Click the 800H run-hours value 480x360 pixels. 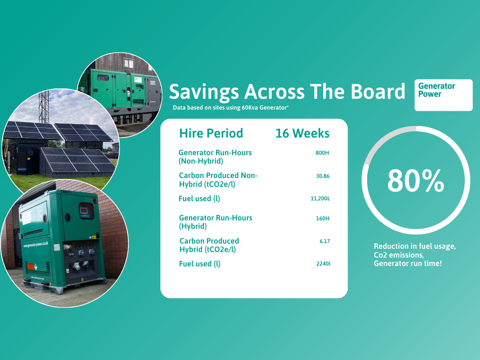[322, 153]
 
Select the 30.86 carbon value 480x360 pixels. [322, 176]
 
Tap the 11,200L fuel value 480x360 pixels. [320, 198]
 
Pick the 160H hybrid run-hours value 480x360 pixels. [322, 218]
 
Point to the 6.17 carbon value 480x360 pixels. [324, 241]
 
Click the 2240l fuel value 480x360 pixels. [324, 264]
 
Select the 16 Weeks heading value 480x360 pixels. [302, 133]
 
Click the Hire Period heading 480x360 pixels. [211, 133]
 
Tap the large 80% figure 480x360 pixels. [416, 181]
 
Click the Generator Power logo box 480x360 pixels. [444, 95]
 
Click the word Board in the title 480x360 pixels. [378, 91]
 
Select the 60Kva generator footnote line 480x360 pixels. [231, 108]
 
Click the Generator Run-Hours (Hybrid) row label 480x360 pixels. [215, 222]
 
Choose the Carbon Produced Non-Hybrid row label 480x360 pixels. [218, 180]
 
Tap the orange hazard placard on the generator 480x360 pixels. [30, 267]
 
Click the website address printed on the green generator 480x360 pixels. [36, 244]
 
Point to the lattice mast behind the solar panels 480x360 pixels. [44, 107]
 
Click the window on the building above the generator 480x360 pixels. [129, 63]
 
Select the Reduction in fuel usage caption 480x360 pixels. [415, 255]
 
